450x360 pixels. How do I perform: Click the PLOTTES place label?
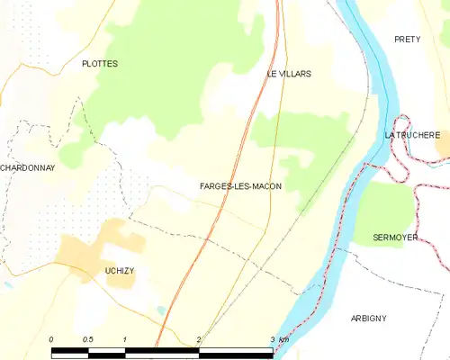coord(100,64)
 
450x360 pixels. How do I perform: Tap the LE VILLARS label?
coord(288,74)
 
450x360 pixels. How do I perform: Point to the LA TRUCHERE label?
coord(412,135)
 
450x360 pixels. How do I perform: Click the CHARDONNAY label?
coord(27,167)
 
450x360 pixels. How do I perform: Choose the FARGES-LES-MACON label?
coord(240,186)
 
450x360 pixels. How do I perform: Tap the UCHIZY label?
coord(117,269)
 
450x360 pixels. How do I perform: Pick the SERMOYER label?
coord(396,238)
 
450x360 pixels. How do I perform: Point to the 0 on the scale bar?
coord(51,338)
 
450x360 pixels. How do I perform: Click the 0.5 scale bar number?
coord(87,338)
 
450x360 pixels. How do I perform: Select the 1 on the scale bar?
coord(124,338)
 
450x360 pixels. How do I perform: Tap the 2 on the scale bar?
coord(198,338)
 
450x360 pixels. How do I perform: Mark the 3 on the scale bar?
coord(271,338)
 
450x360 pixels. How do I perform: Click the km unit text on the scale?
coord(283,338)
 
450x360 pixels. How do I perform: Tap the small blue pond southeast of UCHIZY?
coord(160,310)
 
